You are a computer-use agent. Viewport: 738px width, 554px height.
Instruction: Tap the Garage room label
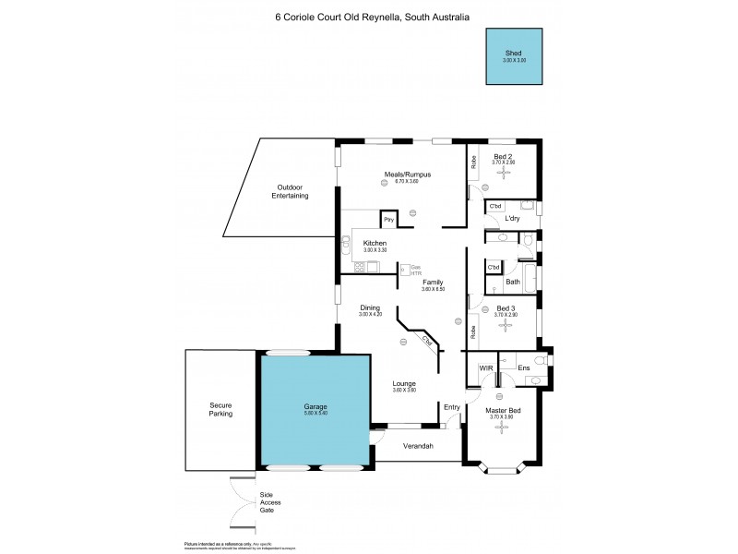click(316, 407)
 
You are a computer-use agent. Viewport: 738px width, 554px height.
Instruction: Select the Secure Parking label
click(220, 409)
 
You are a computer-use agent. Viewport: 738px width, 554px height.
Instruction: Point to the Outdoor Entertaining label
click(290, 192)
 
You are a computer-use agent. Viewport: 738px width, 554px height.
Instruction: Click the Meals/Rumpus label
click(407, 175)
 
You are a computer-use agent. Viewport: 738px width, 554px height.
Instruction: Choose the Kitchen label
click(375, 244)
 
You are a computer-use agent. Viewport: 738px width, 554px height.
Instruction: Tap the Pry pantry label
click(389, 220)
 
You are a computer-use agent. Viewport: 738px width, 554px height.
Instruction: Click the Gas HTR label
click(415, 269)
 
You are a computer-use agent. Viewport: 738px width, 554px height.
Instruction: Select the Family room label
click(433, 283)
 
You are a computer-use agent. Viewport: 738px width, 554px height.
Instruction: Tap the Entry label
click(451, 407)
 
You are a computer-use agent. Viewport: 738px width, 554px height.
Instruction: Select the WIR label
click(486, 368)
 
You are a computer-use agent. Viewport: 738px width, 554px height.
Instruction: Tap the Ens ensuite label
click(523, 368)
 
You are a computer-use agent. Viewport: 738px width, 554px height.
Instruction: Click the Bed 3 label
click(506, 308)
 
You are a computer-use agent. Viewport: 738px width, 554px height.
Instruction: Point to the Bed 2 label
click(503, 157)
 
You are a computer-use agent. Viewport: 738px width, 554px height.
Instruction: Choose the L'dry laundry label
click(513, 219)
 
